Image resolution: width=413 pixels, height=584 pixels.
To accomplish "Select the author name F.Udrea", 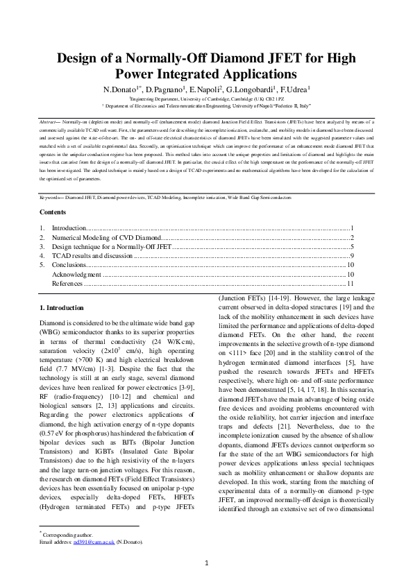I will click(295, 90).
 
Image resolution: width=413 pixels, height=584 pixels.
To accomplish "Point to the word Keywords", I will click(51, 198).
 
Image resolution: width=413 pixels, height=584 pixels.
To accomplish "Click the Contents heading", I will click(53, 212).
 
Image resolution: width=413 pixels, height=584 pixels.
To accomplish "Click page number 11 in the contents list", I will click(351, 283).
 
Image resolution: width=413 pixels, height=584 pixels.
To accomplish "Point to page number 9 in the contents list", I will click(353, 255).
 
